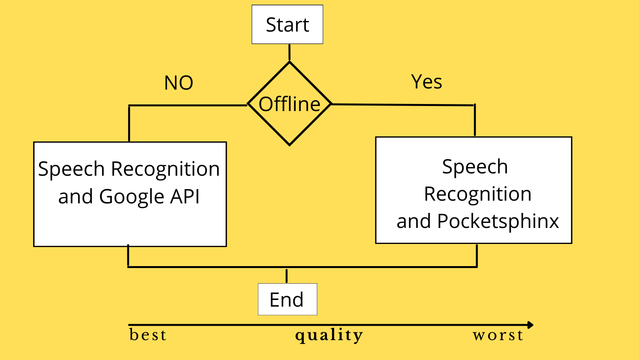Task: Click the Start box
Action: click(287, 25)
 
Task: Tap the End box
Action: click(287, 299)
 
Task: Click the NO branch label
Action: click(179, 83)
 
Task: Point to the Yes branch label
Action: click(427, 82)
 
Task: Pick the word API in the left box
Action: click(185, 196)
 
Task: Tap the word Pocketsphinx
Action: click(498, 222)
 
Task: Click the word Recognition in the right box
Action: click(478, 194)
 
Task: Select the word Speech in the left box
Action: click(72, 169)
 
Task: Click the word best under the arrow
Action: click(148, 335)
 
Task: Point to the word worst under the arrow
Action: click(498, 335)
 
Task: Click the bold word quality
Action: click(329, 335)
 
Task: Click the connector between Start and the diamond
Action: click(289, 52)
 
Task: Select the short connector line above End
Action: click(287, 276)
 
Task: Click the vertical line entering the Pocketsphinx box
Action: click(475, 120)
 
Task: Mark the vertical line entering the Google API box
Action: click(129, 124)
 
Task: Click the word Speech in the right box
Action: click(475, 167)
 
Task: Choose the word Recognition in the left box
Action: click(166, 169)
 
